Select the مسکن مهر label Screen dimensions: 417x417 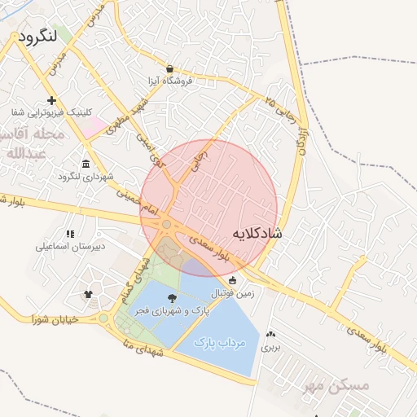[x=335, y=384]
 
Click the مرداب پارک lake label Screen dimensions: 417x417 [x=220, y=344]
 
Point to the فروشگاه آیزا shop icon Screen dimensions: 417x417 [x=169, y=68]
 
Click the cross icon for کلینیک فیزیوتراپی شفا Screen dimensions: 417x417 [x=52, y=100]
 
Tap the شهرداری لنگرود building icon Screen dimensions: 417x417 [x=86, y=164]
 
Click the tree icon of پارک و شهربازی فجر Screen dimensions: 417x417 [x=172, y=299]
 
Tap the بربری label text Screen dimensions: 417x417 [x=270, y=347]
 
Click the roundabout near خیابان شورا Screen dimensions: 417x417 [x=103, y=318]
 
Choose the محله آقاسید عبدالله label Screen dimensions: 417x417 [x=29, y=142]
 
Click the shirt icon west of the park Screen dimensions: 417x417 [x=88, y=293]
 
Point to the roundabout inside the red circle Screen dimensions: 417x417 [x=166, y=223]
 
